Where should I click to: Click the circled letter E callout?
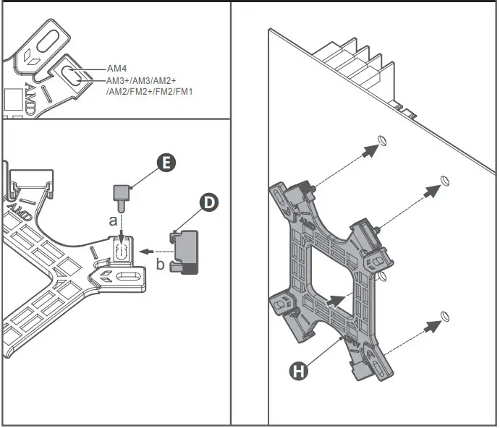[165, 163]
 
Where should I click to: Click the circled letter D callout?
[208, 202]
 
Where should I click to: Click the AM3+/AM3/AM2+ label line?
[141, 81]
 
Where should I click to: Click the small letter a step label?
[113, 221]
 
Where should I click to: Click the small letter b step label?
[160, 265]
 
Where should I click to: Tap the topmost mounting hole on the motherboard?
[384, 140]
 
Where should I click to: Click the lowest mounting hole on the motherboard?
[446, 315]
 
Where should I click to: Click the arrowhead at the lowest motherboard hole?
[433, 325]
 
